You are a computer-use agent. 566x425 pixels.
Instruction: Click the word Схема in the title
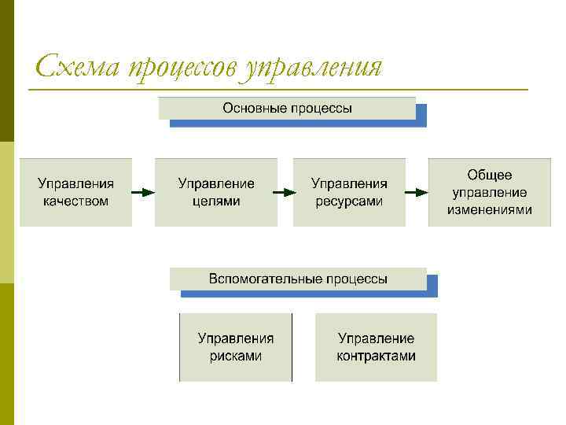click(x=76, y=66)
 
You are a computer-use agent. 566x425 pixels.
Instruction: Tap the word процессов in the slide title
click(x=182, y=68)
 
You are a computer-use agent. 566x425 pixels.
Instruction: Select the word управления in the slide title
click(x=313, y=68)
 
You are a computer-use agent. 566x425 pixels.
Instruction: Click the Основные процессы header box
click(x=287, y=108)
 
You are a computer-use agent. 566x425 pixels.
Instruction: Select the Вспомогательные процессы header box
click(x=298, y=279)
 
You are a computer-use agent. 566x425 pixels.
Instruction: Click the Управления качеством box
click(x=75, y=192)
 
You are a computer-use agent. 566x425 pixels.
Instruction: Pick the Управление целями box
click(x=216, y=192)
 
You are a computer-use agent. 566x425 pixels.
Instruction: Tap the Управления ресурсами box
click(x=349, y=192)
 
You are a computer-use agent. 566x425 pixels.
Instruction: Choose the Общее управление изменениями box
click(x=490, y=192)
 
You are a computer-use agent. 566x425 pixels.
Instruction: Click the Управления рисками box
click(x=236, y=347)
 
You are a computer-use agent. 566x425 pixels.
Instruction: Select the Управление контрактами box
click(x=376, y=347)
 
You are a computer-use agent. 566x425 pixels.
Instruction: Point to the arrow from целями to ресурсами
click(x=285, y=192)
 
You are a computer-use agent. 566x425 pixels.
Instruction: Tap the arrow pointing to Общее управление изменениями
click(x=417, y=192)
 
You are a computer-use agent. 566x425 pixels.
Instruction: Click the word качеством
click(x=75, y=201)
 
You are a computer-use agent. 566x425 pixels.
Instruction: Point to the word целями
click(x=216, y=201)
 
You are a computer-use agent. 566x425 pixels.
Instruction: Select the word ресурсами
click(x=349, y=201)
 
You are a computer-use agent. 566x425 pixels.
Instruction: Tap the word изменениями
click(x=490, y=209)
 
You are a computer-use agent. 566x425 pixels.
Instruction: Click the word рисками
click(x=236, y=356)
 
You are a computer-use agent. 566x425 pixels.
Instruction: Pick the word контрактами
click(x=376, y=356)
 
